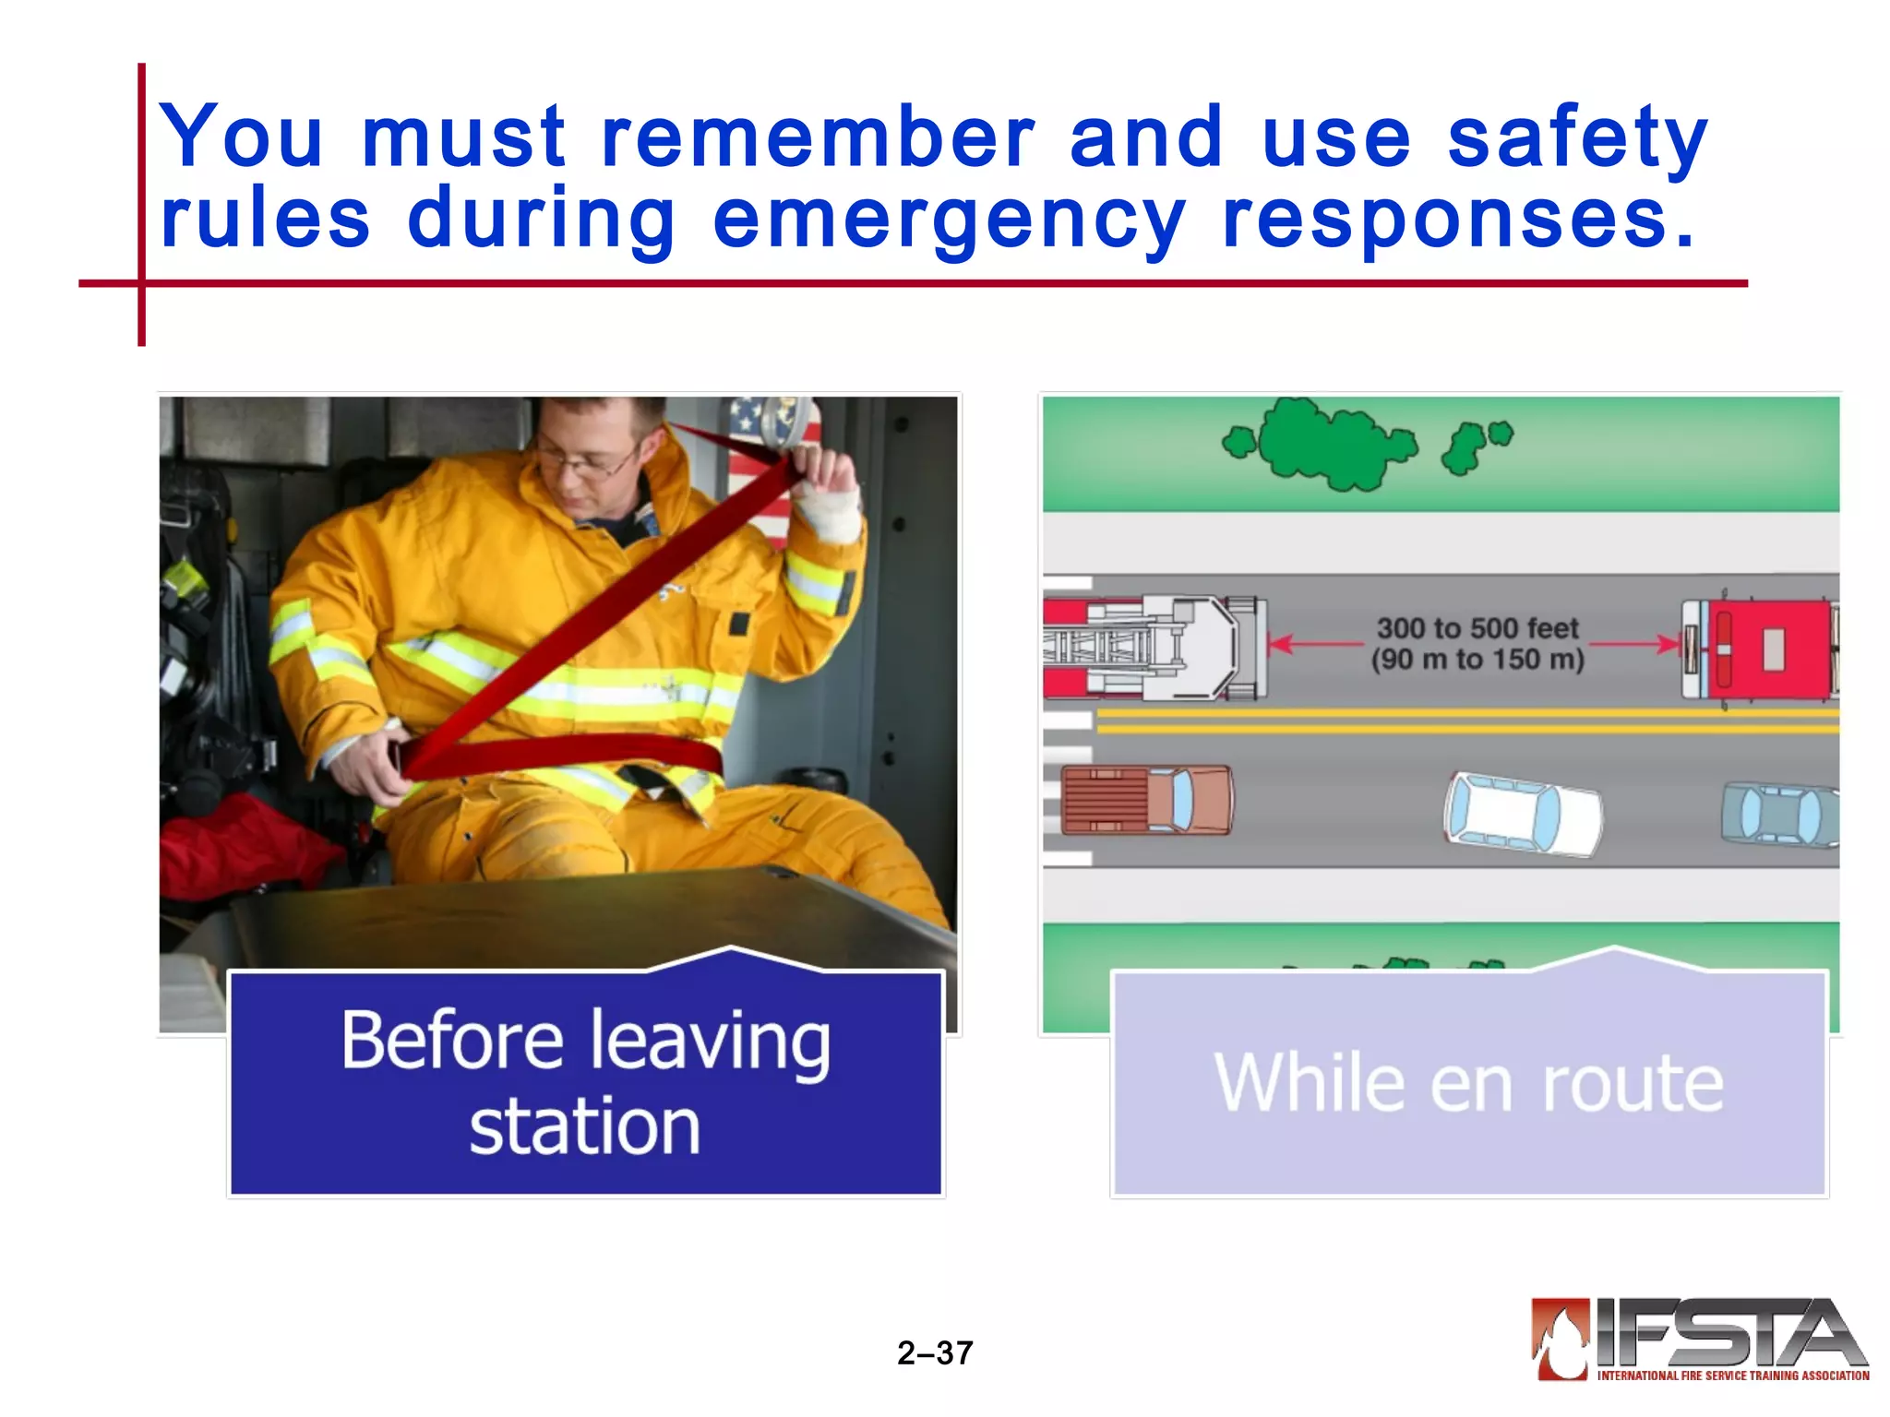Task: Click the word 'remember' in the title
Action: [x=818, y=138]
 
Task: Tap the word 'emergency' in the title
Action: [x=949, y=220]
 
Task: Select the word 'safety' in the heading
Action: [x=1577, y=138]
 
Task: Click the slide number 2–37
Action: [x=935, y=1352]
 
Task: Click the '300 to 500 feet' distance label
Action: [x=1477, y=629]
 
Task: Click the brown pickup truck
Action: [x=1146, y=800]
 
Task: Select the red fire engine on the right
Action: [x=1758, y=648]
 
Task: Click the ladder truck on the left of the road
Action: [x=1154, y=647]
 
